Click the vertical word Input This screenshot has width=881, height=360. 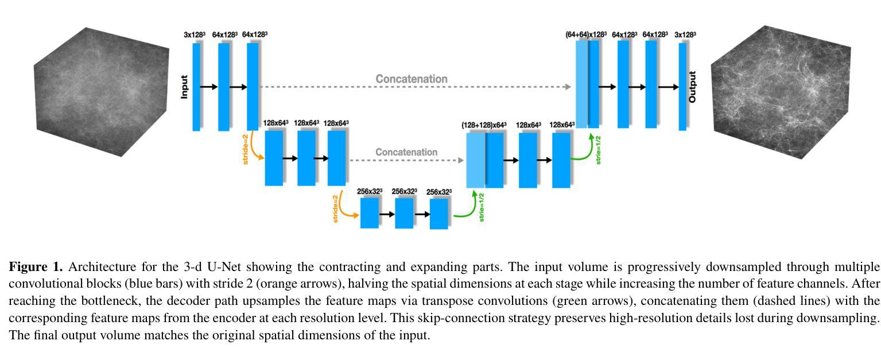coord(184,87)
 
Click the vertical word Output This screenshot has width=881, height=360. coord(692,87)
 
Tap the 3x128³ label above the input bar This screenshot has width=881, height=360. coord(195,35)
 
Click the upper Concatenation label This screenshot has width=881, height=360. coord(412,79)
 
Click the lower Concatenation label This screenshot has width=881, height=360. coord(406,152)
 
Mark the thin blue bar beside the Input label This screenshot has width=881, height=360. coord(196,87)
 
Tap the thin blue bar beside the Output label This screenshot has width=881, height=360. coord(682,87)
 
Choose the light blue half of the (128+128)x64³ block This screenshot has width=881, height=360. coord(475,160)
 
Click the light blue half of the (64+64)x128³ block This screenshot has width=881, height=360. coord(581,85)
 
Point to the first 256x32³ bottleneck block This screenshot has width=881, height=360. coord(370,213)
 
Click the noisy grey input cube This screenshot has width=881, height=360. coord(101,92)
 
